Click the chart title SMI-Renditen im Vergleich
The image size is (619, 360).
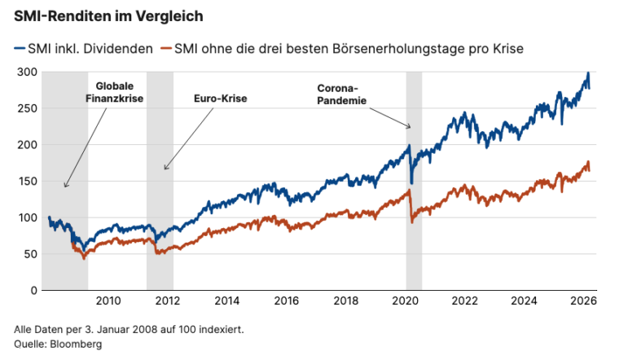(x=109, y=15)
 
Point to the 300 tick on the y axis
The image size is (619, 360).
(x=27, y=72)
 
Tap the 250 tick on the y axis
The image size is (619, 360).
(x=27, y=108)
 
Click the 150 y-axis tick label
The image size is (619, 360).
(x=27, y=181)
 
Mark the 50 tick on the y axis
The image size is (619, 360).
(x=29, y=253)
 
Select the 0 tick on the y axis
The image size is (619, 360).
(x=33, y=290)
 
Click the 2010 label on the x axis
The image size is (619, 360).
(x=108, y=301)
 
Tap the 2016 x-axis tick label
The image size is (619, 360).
(x=287, y=301)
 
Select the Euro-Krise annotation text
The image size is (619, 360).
(x=220, y=99)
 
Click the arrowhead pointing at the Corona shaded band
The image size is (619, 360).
(x=410, y=127)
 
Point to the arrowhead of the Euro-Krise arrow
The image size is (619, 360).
(x=165, y=169)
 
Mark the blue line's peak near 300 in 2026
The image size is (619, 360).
(x=588, y=73)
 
